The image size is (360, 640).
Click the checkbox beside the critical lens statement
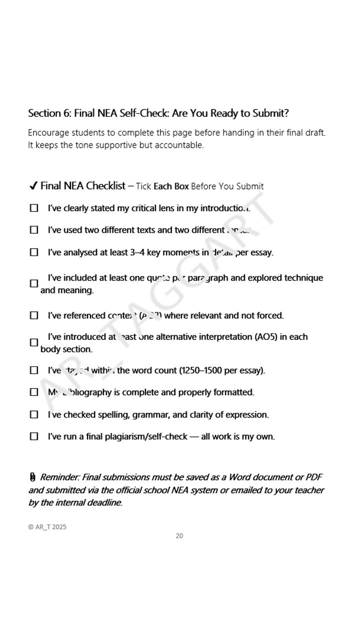pos(34,208)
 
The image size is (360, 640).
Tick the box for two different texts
pos(34,230)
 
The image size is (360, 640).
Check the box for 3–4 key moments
pos(34,252)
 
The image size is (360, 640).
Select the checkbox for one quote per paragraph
pos(34,283)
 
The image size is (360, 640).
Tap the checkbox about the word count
pos(34,370)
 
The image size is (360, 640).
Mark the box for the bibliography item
pos(34,392)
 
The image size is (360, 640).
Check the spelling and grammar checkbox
pos(34,414)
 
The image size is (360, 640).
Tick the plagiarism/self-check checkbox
pos(34,436)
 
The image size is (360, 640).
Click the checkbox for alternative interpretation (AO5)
pos(34,342)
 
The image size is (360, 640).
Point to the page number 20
pos(179,536)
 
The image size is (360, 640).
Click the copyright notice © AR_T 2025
pos(47,527)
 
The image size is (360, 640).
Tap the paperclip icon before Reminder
pos(32,477)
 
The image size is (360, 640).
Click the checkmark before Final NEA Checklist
pos(33,186)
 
